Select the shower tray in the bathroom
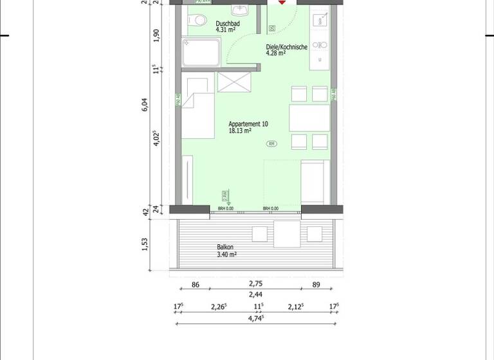pyautogui.click(x=202, y=51)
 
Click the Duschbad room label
pyautogui.click(x=228, y=22)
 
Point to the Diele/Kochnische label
pyautogui.click(x=285, y=47)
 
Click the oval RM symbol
pyautogui.click(x=272, y=143)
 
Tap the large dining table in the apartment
pyautogui.click(x=309, y=118)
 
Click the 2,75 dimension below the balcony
pyautogui.click(x=255, y=283)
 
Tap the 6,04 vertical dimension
pyautogui.click(x=145, y=105)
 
